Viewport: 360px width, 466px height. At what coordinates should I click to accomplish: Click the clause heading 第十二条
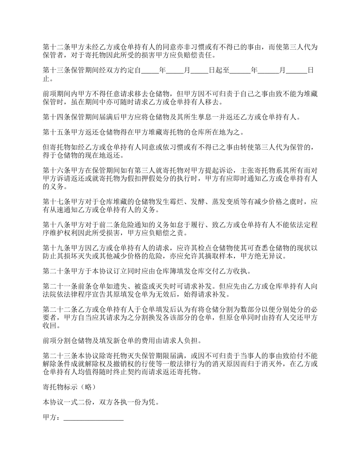pyautogui.click(x=54, y=47)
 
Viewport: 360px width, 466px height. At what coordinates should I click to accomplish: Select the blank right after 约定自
pyautogui.click(x=149, y=70)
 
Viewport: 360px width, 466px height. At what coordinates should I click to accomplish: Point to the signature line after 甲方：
pyautogui.click(x=94, y=418)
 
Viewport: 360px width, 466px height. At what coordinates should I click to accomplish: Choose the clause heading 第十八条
pyautogui.click(x=54, y=225)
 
